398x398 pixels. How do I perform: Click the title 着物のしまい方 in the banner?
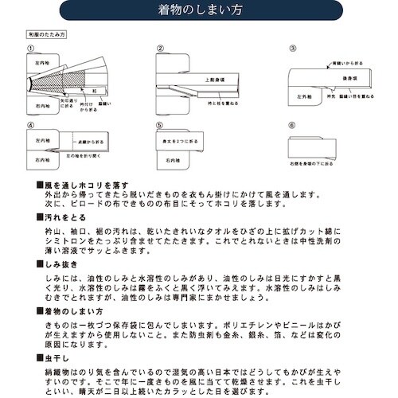pos(198,14)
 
